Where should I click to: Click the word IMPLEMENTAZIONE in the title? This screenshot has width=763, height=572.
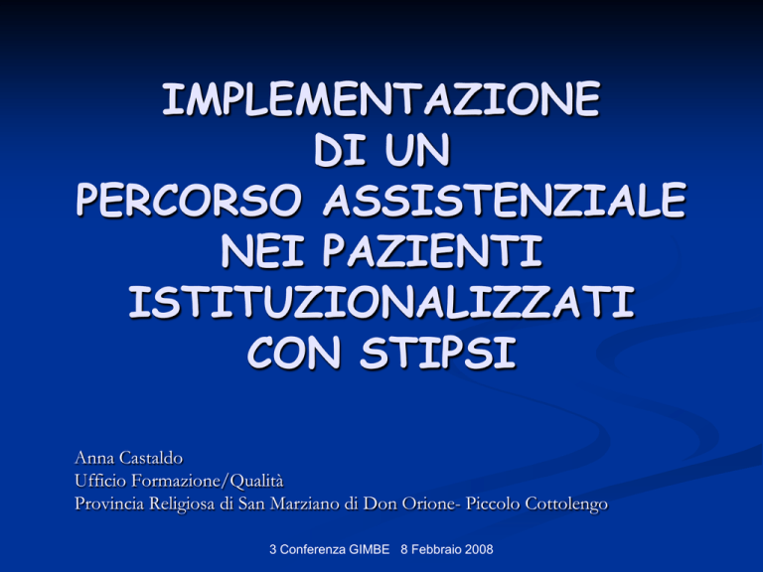pos(381,99)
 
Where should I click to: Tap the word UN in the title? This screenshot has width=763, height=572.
pos(417,150)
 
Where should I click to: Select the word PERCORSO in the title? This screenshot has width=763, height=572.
pos(189,200)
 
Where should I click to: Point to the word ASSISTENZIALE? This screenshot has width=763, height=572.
pos(505,200)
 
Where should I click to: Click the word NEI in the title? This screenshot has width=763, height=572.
pos(262,251)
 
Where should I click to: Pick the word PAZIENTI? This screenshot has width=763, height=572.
pos(432,251)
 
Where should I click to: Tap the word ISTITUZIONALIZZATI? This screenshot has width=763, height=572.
pos(381,302)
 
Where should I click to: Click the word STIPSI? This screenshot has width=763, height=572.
pos(438,354)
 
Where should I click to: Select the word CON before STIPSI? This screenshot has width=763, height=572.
pos(294,354)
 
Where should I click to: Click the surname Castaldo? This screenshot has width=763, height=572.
pos(151,458)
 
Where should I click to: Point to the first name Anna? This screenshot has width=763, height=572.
pos(94,458)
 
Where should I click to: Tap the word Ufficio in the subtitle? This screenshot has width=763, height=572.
pos(100,481)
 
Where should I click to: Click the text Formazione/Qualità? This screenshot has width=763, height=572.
pos(208,481)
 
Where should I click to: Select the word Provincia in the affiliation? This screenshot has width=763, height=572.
pos(109,503)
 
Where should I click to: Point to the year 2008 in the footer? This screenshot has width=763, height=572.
pos(479,549)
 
